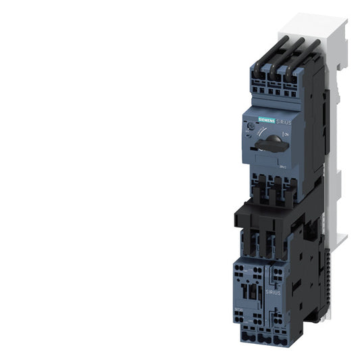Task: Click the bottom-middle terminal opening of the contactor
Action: point(263,336)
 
